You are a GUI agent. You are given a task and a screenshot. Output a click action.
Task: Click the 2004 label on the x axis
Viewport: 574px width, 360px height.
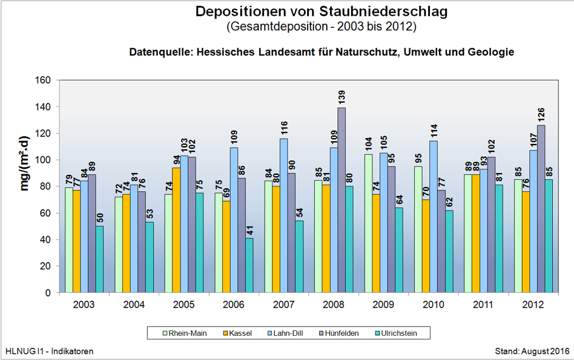[133, 304]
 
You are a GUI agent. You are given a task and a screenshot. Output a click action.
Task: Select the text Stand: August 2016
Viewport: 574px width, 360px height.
[532, 351]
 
